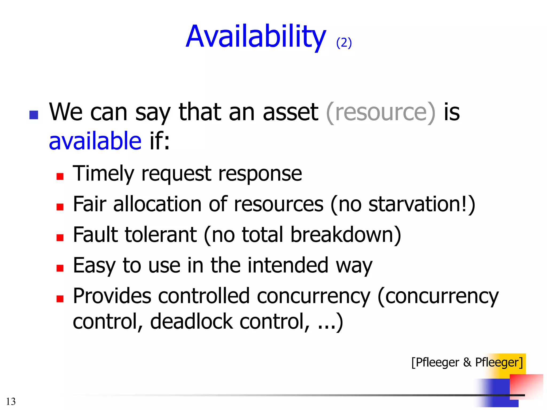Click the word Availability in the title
coord(256,37)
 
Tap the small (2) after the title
coord(344,43)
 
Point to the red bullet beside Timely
coord(60,176)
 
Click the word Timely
coord(103,174)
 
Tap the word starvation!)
coord(422,204)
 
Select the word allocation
coord(157,204)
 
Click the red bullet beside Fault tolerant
coord(60,238)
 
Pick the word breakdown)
coord(346,235)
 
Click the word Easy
coord(94,266)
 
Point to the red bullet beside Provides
coord(60,299)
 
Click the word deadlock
coord(191,321)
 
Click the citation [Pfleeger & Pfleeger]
coord(467,362)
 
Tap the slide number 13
coord(11,401)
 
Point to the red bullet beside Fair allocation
coord(60,207)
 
